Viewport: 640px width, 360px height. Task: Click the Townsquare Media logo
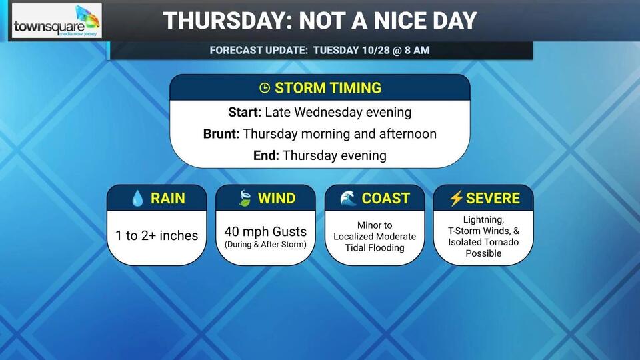(57, 21)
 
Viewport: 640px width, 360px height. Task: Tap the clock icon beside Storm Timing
(265, 88)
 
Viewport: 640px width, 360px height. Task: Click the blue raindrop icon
(137, 199)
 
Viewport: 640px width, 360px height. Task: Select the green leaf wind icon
(245, 198)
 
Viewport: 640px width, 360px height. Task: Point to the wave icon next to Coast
(348, 198)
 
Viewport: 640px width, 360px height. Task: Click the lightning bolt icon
(456, 198)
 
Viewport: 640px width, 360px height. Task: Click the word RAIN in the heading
(168, 199)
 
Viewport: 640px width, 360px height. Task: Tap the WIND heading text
(276, 199)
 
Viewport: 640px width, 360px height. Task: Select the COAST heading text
(385, 199)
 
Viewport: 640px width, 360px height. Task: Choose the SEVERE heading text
(493, 199)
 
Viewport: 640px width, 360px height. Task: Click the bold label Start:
(245, 112)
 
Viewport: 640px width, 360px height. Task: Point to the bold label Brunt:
(221, 134)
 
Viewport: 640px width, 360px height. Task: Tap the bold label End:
(266, 155)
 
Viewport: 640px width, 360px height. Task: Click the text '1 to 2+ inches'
(157, 235)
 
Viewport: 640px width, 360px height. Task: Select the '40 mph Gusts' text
(265, 231)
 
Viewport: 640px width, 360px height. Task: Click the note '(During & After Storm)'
(265, 245)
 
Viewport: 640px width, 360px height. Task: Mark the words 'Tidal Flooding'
(375, 248)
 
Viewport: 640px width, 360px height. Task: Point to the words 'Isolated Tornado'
(483, 242)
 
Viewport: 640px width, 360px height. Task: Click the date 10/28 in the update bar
(375, 50)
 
